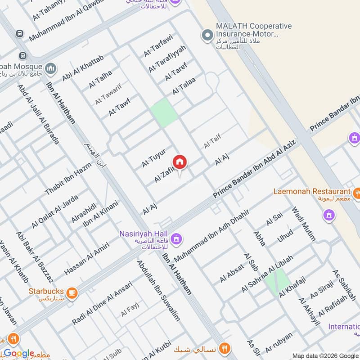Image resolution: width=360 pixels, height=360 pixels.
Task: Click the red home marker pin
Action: (x=179, y=162)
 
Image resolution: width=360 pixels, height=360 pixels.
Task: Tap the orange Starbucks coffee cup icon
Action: (x=72, y=293)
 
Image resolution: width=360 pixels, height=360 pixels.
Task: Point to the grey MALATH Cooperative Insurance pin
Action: (x=207, y=35)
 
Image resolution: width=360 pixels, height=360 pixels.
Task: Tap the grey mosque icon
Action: (x=51, y=68)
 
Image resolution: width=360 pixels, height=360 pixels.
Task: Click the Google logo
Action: (x=19, y=353)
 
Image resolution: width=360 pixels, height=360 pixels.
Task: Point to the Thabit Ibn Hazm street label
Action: (x=68, y=178)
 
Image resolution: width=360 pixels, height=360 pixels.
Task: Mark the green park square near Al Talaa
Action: (x=164, y=112)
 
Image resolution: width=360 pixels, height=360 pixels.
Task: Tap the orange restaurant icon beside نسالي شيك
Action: (x=225, y=348)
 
